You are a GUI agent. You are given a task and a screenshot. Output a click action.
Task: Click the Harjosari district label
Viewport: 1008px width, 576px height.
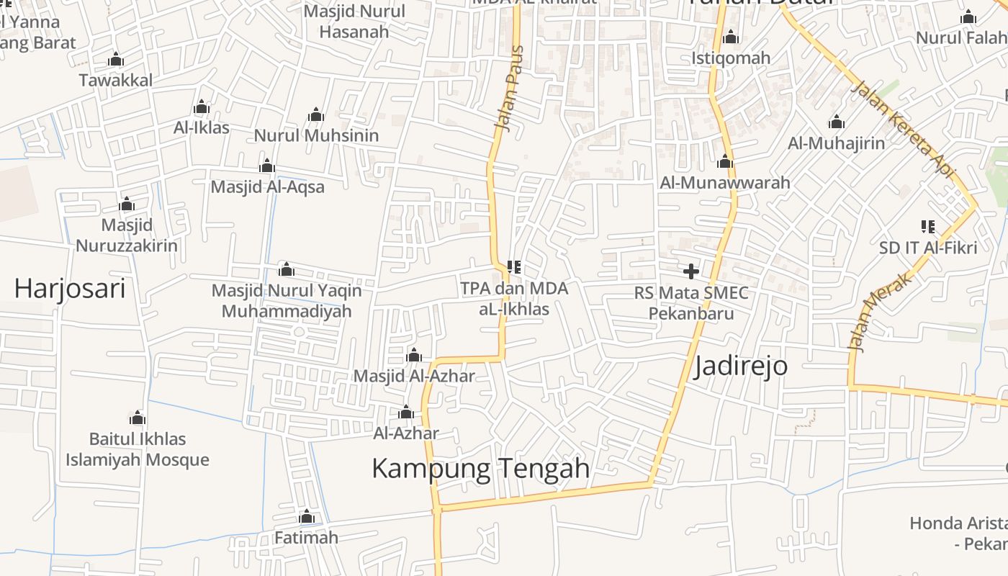(x=70, y=289)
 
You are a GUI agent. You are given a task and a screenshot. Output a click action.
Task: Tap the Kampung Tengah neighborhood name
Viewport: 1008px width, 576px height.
(x=480, y=469)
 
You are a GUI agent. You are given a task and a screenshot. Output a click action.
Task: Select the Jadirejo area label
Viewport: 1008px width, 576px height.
(x=741, y=366)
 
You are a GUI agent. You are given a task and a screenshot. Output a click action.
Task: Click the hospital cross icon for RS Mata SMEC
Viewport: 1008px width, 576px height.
(x=690, y=271)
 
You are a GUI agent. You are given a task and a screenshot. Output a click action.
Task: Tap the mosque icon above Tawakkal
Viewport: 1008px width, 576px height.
(x=115, y=59)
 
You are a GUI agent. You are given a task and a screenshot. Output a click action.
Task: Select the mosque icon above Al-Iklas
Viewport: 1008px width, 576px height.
(x=202, y=107)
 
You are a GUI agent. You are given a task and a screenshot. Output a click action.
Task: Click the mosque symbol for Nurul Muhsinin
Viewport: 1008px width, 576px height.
(x=315, y=114)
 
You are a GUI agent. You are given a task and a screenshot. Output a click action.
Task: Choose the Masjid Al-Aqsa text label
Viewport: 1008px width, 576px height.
(x=267, y=187)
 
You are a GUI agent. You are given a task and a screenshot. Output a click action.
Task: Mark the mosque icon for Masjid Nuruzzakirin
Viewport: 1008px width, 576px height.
(x=127, y=204)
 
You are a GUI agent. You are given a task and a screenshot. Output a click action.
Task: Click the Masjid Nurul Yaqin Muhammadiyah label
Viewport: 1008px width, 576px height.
(x=287, y=301)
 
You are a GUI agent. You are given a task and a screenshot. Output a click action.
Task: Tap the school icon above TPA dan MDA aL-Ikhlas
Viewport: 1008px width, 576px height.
(x=514, y=267)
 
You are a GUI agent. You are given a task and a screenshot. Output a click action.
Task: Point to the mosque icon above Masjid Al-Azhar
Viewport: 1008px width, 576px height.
(x=414, y=355)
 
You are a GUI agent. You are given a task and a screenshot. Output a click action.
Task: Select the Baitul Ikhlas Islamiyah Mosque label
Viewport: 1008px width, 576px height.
(x=138, y=449)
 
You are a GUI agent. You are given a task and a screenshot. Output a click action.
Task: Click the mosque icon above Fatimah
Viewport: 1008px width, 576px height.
(x=307, y=516)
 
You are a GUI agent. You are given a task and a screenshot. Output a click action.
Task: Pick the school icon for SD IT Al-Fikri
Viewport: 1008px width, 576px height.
(x=928, y=227)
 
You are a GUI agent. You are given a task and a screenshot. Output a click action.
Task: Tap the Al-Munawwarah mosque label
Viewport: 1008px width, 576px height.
(x=725, y=183)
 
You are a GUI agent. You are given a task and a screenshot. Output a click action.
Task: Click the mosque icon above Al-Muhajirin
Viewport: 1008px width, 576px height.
(x=837, y=122)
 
